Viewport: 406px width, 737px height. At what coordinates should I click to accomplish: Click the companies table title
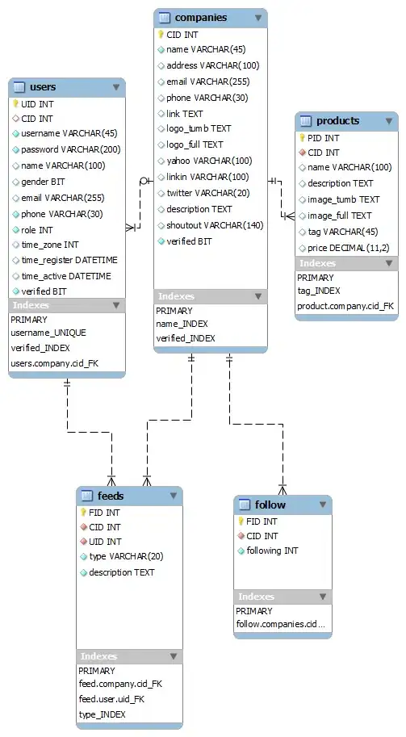tap(200, 17)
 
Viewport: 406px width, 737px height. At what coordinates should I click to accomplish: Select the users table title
tap(42, 86)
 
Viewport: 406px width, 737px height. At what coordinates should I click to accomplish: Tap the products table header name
tap(337, 121)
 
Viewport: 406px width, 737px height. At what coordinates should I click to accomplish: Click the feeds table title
tap(111, 496)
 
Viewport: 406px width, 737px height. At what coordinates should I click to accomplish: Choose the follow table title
tap(270, 505)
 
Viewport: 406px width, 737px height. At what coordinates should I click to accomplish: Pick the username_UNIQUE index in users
tap(48, 333)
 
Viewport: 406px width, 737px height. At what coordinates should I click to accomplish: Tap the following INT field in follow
tap(273, 551)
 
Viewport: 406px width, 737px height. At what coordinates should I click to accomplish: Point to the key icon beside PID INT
tap(302, 137)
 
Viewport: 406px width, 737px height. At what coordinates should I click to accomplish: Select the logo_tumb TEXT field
tap(199, 129)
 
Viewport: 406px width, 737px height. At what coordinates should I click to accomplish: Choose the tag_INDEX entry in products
tap(318, 291)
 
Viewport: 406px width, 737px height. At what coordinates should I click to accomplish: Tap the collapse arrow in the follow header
tap(322, 505)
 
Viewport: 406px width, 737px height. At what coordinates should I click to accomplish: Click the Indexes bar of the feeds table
tap(128, 656)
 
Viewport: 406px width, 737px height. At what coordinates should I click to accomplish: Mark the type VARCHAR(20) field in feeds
tap(126, 557)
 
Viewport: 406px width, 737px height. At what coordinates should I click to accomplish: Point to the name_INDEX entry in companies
tap(182, 324)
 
